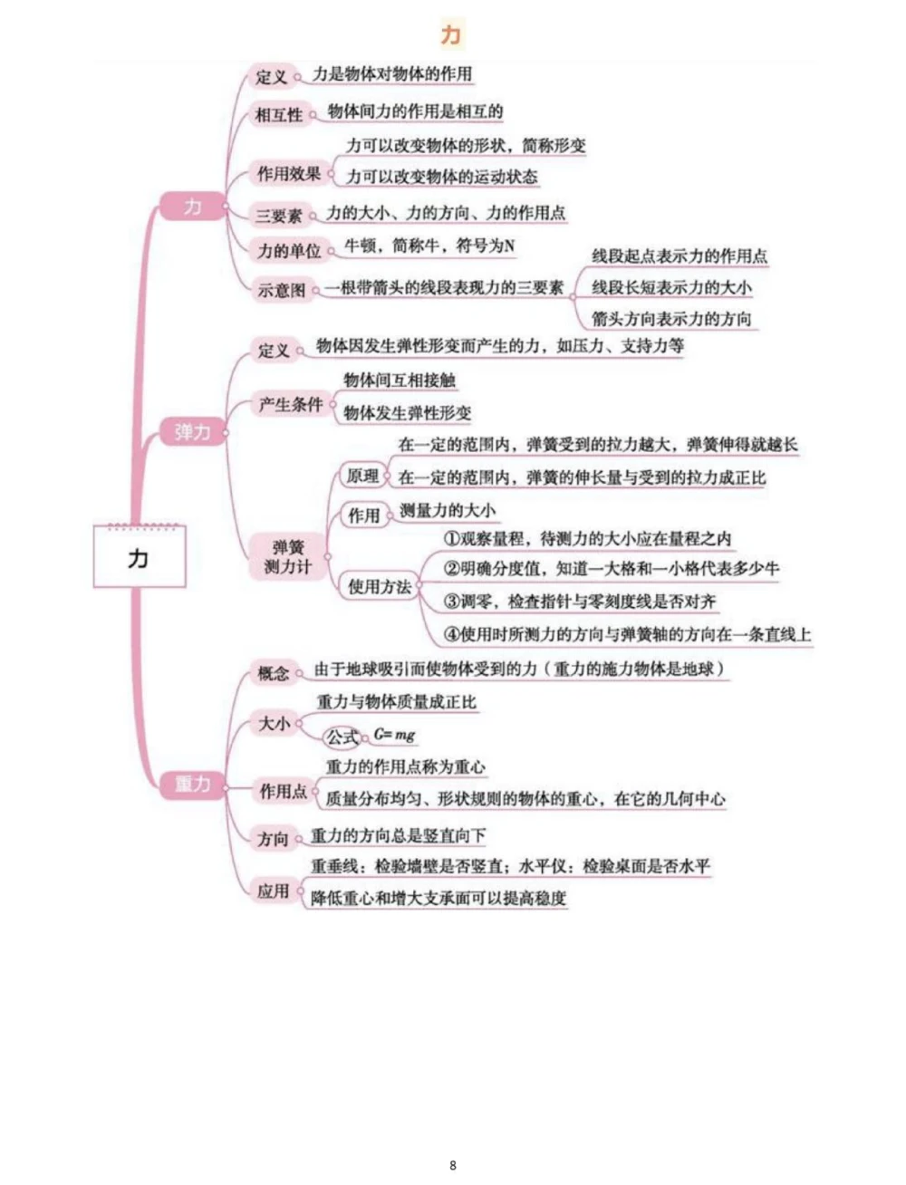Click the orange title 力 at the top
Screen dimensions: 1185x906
pyautogui.click(x=450, y=34)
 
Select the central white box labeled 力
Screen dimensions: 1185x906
pyautogui.click(x=139, y=557)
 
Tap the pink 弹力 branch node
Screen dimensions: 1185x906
pyautogui.click(x=192, y=432)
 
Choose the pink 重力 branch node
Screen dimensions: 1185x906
pyautogui.click(x=192, y=784)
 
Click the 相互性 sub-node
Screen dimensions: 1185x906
pyautogui.click(x=279, y=115)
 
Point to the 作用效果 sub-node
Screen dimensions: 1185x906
pyautogui.click(x=289, y=173)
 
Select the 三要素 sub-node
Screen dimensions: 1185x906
pyautogui.click(x=279, y=216)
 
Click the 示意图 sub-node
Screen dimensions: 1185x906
pyautogui.click(x=282, y=290)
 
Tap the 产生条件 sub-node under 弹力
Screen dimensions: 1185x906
pyautogui.click(x=291, y=405)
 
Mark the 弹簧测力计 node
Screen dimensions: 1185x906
pyautogui.click(x=288, y=556)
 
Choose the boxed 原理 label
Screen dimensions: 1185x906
pyautogui.click(x=362, y=476)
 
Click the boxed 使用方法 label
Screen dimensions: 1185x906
pyautogui.click(x=380, y=587)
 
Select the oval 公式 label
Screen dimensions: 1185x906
pyautogui.click(x=342, y=737)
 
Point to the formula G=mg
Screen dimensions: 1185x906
pyautogui.click(x=394, y=735)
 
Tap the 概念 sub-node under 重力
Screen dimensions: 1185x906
pyautogui.click(x=274, y=672)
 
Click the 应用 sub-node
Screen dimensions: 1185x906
pyautogui.click(x=273, y=891)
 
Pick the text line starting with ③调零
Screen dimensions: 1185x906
pyautogui.click(x=580, y=601)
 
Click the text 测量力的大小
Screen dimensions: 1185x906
pyautogui.click(x=448, y=511)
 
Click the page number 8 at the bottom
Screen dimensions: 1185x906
pyautogui.click(x=453, y=1165)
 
